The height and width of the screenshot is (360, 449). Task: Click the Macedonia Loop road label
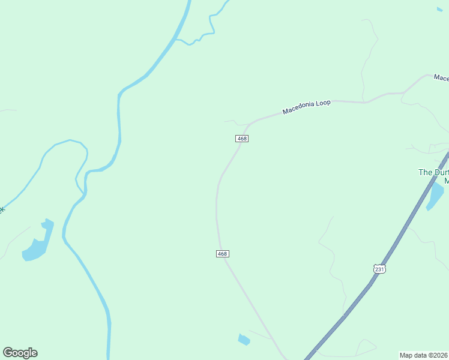coord(306,107)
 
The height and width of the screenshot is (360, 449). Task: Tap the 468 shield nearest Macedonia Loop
coord(242,139)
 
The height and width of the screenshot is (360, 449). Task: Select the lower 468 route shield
coord(222,254)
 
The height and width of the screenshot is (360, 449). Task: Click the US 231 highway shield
coord(379,269)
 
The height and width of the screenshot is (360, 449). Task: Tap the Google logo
coord(20,353)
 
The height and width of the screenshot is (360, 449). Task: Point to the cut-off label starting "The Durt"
coord(433,172)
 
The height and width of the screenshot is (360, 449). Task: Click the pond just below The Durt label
coord(435,196)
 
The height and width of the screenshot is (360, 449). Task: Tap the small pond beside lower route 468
coord(243,340)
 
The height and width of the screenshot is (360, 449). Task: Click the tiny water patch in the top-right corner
coord(439,8)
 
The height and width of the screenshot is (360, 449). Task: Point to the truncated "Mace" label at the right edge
coord(441,79)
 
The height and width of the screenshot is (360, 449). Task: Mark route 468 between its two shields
coord(217,198)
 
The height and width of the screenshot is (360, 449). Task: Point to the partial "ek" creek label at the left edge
coord(2,209)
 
